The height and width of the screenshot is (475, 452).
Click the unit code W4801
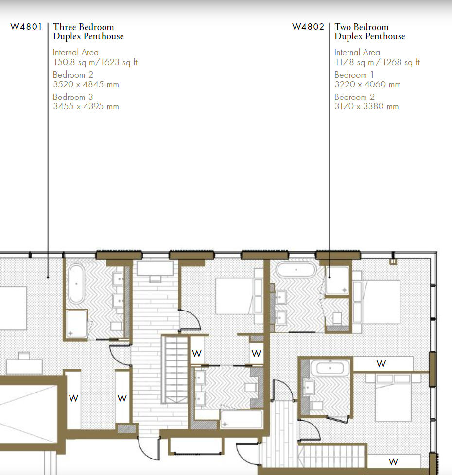click(26, 27)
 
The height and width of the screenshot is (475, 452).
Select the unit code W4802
click(308, 27)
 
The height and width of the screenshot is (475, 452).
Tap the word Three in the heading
click(64, 27)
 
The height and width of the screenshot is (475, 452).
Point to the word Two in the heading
click(343, 27)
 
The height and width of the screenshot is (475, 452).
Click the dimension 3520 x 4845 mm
click(86, 84)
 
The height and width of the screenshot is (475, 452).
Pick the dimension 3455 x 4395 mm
click(86, 106)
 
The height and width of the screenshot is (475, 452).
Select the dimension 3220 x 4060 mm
click(367, 84)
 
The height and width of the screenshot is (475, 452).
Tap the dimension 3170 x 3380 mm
click(366, 106)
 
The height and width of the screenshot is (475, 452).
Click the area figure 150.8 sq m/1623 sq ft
click(95, 62)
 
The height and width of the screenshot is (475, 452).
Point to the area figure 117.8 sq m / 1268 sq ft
click(377, 62)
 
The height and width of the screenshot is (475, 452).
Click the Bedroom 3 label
click(73, 97)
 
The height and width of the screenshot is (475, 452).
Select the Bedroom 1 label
click(354, 75)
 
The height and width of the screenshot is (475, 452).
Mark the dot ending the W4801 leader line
click(48, 277)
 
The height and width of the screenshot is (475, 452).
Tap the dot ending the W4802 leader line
click(330, 277)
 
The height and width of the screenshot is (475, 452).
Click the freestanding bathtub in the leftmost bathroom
click(76, 284)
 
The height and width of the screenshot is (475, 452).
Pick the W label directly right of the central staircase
click(196, 354)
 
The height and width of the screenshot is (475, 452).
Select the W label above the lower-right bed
click(381, 364)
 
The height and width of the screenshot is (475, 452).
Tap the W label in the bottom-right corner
click(393, 462)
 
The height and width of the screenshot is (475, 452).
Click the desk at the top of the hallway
click(155, 268)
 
